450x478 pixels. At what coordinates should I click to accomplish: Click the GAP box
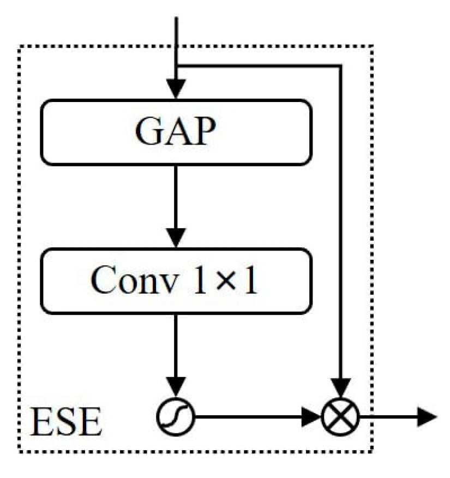(x=176, y=132)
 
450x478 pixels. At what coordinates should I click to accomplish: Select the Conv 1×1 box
(x=176, y=281)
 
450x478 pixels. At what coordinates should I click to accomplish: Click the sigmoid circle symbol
(x=176, y=417)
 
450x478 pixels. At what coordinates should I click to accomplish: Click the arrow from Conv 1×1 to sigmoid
(x=176, y=355)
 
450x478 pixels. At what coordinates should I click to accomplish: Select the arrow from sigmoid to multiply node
(x=256, y=417)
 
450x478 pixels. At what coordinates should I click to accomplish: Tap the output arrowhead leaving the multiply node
(x=427, y=417)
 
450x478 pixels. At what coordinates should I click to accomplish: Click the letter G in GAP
(x=148, y=133)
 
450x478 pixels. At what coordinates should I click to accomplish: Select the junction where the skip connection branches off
(x=176, y=66)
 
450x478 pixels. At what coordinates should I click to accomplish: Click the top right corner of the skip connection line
(x=340, y=66)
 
